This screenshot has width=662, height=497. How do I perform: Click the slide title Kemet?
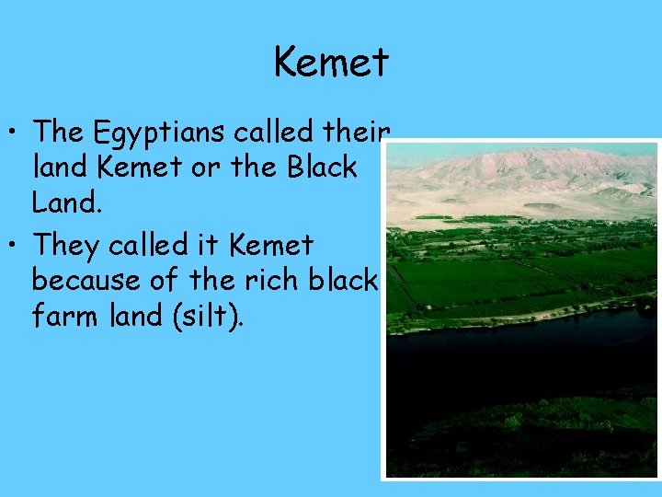coord(331,63)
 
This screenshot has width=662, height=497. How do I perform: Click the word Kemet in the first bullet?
coord(121,168)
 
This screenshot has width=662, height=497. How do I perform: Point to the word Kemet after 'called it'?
coord(271,246)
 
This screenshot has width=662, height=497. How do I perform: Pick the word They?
coord(67,246)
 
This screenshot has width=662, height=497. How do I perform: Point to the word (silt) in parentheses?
coord(212,317)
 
